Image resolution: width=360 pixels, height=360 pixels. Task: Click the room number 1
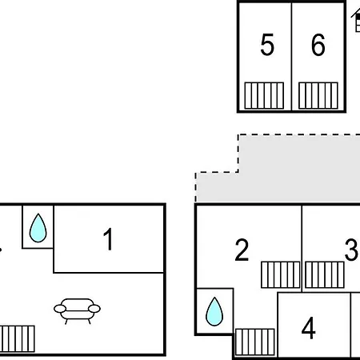click(108, 239)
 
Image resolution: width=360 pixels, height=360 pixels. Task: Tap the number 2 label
click(242, 250)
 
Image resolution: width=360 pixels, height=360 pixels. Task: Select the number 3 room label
click(351, 250)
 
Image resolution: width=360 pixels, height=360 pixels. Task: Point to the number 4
click(309, 328)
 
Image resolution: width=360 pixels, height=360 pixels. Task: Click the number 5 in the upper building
click(267, 45)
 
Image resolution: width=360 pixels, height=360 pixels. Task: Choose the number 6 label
click(318, 45)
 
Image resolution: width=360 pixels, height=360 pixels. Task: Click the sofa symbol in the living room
click(77, 310)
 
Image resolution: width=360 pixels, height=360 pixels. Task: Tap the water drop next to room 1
click(38, 228)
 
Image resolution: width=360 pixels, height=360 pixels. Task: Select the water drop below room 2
click(214, 312)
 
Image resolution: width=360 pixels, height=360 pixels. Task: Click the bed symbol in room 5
click(264, 95)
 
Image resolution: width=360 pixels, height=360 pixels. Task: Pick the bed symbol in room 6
click(318, 95)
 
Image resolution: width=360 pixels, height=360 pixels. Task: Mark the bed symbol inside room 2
click(281, 274)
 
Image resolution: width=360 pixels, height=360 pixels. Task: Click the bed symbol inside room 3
click(325, 274)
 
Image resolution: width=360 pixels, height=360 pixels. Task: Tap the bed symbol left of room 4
click(255, 342)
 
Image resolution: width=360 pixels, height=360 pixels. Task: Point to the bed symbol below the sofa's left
click(18, 338)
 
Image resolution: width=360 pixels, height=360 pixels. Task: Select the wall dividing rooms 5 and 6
click(292, 56)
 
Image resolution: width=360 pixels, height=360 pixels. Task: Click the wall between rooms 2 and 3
click(302, 249)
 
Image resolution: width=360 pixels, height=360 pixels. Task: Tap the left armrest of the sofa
click(60, 309)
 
